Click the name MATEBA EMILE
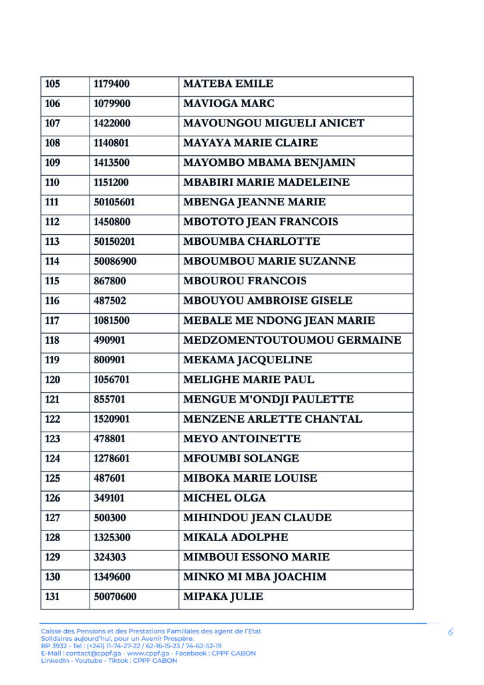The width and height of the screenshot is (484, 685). pyautogui.click(x=228, y=84)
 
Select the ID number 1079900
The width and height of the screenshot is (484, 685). pyautogui.click(x=112, y=104)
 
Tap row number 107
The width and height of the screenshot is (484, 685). pyautogui.click(x=52, y=124)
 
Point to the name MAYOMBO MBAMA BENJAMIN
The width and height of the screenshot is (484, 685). pyautogui.click(x=269, y=163)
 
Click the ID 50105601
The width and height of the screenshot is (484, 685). pyautogui.click(x=114, y=202)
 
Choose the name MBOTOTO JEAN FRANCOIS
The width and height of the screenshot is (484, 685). pyautogui.click(x=260, y=222)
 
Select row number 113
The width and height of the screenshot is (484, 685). pyautogui.click(x=52, y=241)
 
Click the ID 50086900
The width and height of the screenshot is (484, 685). pyautogui.click(x=115, y=262)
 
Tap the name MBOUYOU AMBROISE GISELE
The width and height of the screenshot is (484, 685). pyautogui.click(x=267, y=301)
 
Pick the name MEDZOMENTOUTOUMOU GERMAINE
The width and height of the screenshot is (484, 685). pyautogui.click(x=292, y=340)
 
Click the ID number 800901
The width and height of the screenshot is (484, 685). pyautogui.click(x=110, y=360)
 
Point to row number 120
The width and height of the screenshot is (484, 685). pyautogui.click(x=52, y=380)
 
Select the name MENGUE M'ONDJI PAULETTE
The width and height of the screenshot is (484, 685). pyautogui.click(x=268, y=399)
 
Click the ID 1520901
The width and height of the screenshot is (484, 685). pyautogui.click(x=112, y=419)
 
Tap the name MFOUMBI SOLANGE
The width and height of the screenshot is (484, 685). pyautogui.click(x=241, y=459)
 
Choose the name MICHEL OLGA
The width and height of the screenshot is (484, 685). pyautogui.click(x=224, y=498)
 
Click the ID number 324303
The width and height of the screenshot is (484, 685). pyautogui.click(x=110, y=557)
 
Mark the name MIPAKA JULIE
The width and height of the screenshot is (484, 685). pyautogui.click(x=223, y=597)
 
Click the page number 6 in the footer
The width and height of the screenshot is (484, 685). pyautogui.click(x=451, y=632)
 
